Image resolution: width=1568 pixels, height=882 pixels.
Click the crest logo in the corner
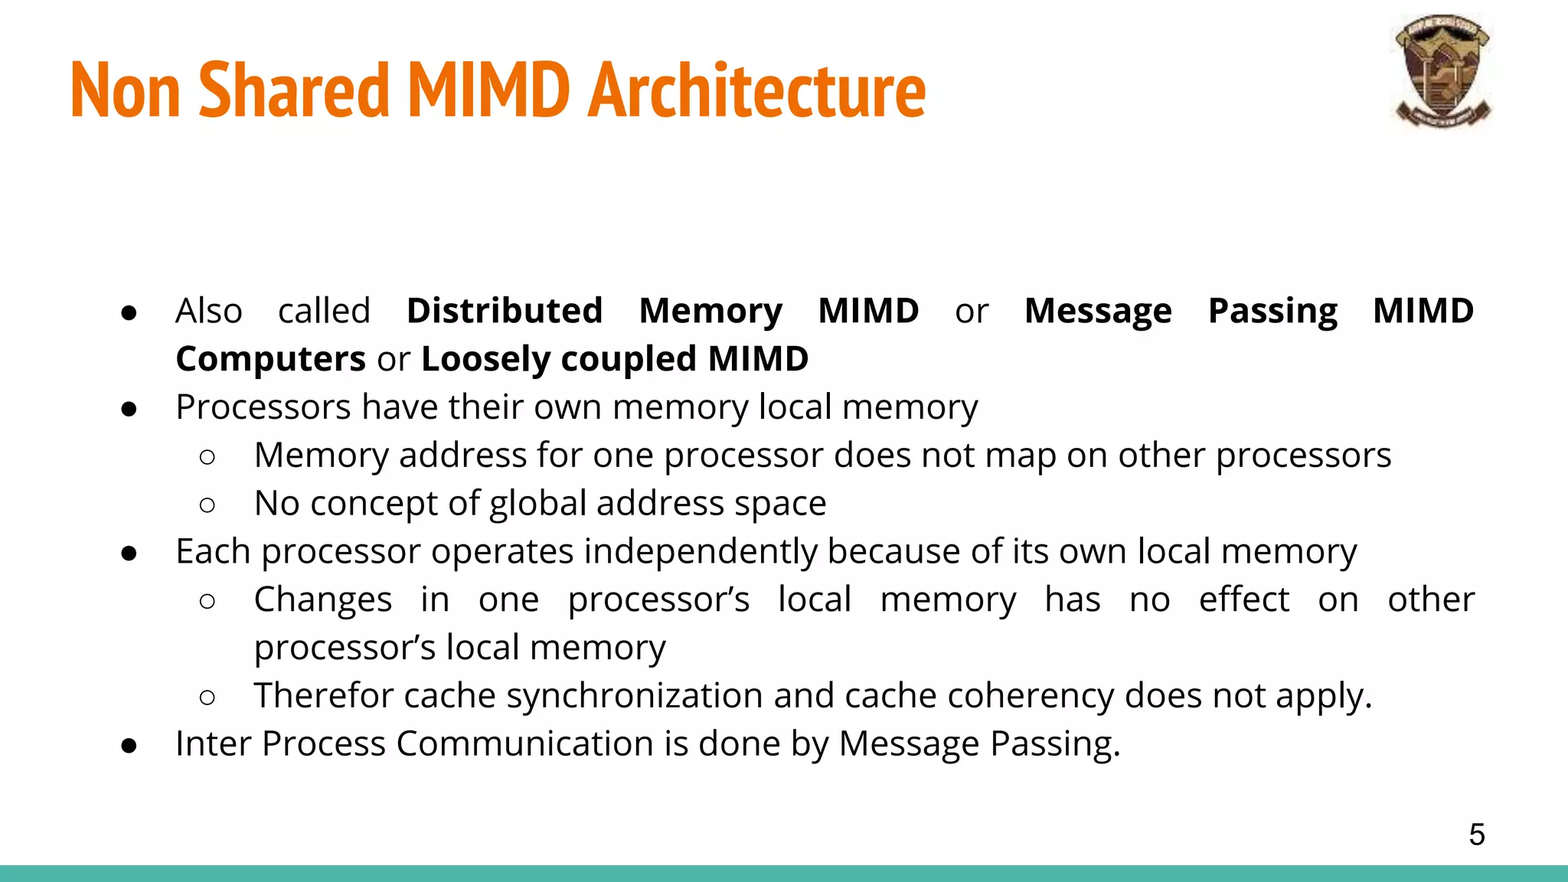(1442, 70)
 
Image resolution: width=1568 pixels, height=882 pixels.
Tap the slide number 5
(1477, 834)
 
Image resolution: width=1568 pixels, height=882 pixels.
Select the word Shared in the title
(294, 90)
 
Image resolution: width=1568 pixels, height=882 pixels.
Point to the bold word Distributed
(505, 311)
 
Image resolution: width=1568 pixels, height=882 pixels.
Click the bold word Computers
(270, 359)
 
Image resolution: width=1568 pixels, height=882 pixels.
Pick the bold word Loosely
(485, 359)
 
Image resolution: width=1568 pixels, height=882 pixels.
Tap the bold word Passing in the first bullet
(1272, 311)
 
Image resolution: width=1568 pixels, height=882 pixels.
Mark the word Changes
(323, 599)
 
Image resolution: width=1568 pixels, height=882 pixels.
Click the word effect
(1243, 599)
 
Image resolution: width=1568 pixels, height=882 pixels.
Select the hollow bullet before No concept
(207, 505)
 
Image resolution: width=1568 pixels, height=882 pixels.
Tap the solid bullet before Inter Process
(129, 745)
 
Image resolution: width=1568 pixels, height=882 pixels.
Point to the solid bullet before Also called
(129, 312)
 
